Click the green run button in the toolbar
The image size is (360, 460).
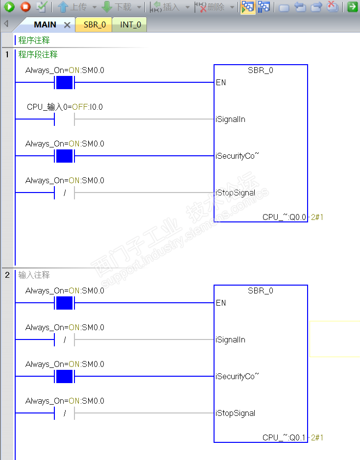(x=9, y=7)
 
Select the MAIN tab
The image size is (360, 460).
(x=45, y=24)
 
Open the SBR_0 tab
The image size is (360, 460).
(x=95, y=24)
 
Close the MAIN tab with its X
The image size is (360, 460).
(x=68, y=25)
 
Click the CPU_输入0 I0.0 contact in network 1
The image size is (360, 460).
(x=64, y=119)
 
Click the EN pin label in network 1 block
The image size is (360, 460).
(x=221, y=82)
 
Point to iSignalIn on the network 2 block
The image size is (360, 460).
(x=230, y=339)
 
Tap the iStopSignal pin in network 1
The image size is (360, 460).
(x=235, y=193)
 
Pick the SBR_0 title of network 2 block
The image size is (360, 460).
(x=261, y=291)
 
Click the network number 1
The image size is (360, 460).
(x=7, y=54)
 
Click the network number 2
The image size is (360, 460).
(x=7, y=275)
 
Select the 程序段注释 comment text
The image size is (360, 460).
(x=38, y=54)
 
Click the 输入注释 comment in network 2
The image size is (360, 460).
(x=34, y=275)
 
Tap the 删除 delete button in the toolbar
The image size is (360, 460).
(x=210, y=7)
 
